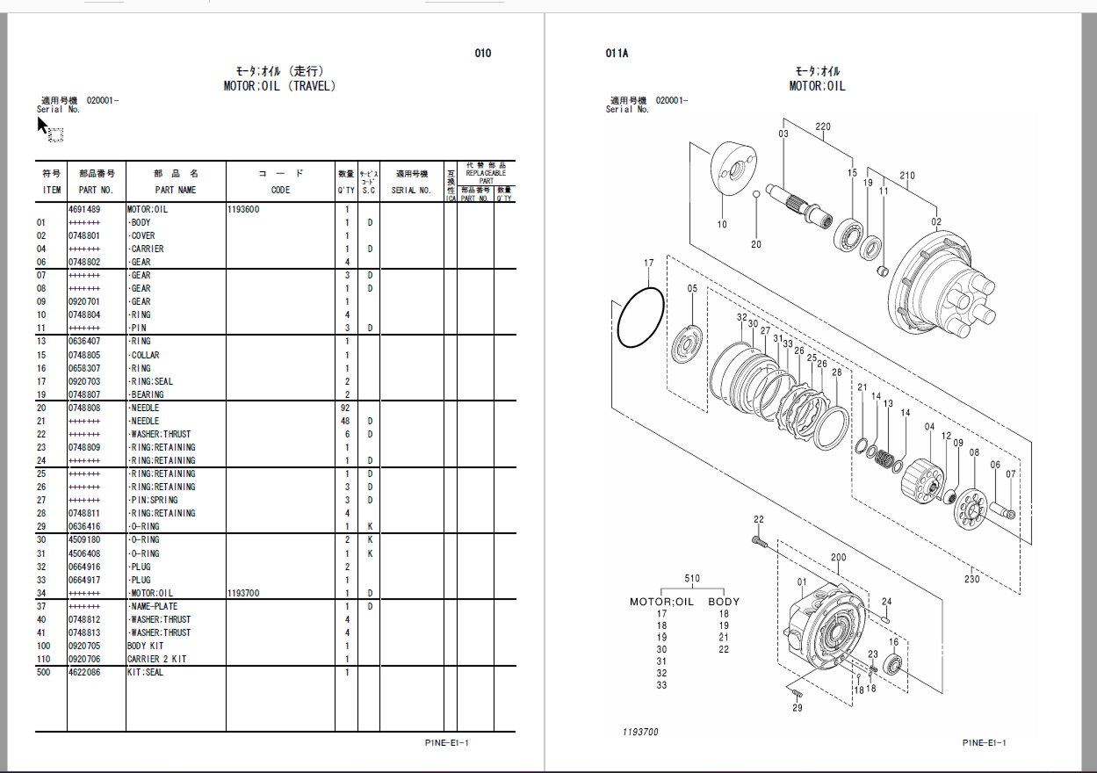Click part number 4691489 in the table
point(84,210)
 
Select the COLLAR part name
point(144,355)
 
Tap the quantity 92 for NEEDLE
point(346,408)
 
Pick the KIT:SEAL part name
point(145,672)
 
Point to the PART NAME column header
point(176,190)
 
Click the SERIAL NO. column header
point(411,190)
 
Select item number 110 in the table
point(43,659)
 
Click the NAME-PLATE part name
point(153,606)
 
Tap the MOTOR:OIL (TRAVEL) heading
point(279,86)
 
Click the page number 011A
point(617,54)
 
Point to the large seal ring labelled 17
point(641,316)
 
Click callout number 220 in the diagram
point(822,127)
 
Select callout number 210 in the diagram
point(906,176)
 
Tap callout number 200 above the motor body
point(838,558)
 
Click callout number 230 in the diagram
point(971,579)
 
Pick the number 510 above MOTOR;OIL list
point(692,579)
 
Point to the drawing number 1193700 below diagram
point(640,732)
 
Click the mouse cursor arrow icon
point(42,126)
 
